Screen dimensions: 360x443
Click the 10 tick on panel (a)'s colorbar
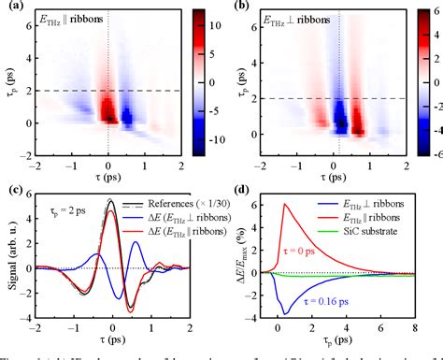point(211,36)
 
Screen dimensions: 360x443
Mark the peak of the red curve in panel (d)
point(284,203)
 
